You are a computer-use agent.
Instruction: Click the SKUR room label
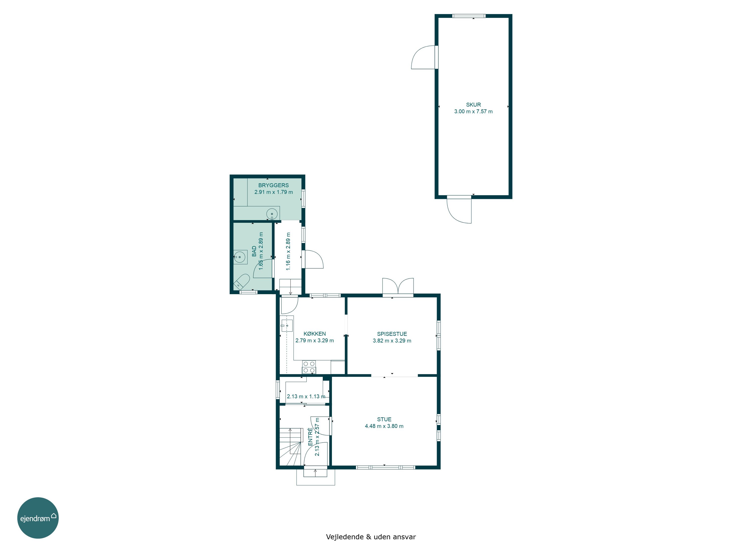473,105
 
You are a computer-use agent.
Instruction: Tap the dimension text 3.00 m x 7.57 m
473,111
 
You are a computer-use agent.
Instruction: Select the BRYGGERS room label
273,185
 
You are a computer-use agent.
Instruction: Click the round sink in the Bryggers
272,214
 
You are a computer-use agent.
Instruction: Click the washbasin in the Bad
239,257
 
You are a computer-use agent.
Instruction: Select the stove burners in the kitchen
309,367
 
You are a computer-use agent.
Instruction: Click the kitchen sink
287,325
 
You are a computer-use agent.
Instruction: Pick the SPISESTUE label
392,334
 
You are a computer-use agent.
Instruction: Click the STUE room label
384,419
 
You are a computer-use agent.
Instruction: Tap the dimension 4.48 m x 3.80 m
384,426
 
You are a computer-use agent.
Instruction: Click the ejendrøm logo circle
38,518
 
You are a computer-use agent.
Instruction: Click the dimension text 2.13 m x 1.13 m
306,396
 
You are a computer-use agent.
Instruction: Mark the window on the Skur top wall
469,16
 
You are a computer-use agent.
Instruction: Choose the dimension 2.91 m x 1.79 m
273,192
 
